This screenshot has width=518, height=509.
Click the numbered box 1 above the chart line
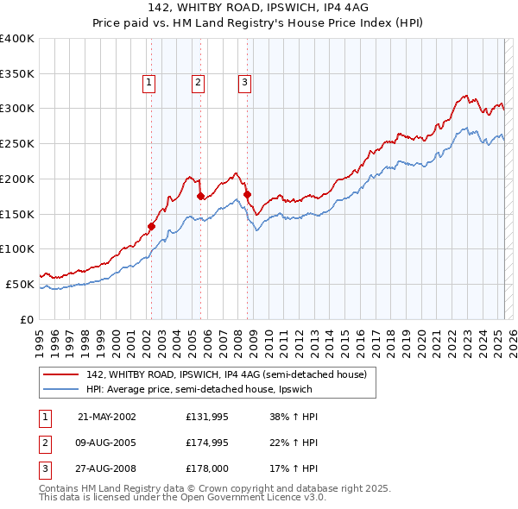149,83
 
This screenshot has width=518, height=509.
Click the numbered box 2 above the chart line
198,83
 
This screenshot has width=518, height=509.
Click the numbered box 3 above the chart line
245,83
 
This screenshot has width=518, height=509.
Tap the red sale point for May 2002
151,227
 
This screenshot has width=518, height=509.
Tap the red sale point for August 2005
200,196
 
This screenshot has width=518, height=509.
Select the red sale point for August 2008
247,194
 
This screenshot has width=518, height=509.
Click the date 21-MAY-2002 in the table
106,417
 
